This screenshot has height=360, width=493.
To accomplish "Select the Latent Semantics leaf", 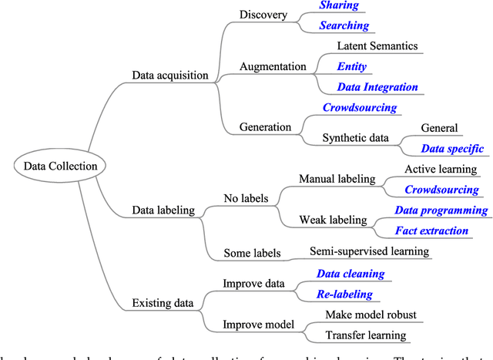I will coord(377,46).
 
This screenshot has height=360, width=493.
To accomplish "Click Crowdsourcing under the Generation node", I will coord(359,108).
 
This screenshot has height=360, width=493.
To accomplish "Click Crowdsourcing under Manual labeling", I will coord(441,190).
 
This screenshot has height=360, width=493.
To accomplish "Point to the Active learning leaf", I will coord(441,169).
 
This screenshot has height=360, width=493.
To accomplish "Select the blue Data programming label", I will coord(441,210).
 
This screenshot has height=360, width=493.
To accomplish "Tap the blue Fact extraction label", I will coord(431,230).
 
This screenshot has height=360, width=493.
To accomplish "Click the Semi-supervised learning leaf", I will coord(369,251).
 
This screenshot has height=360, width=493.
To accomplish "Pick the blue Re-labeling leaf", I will coord(344,294).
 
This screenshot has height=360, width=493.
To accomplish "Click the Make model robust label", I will coord(372,315).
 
